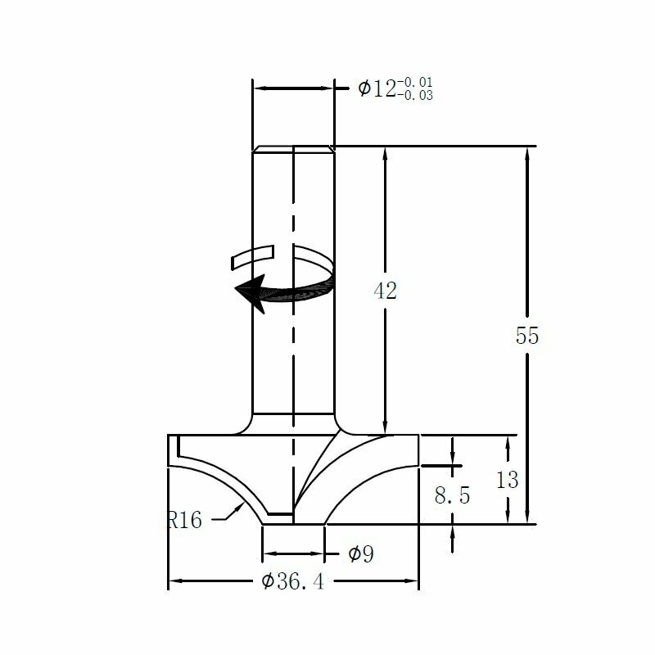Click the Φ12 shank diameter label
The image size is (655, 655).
point(377,88)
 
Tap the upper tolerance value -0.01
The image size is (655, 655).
point(415,82)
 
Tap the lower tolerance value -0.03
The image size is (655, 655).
point(415,96)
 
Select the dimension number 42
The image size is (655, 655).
point(385,291)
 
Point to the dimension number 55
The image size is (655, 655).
point(527,336)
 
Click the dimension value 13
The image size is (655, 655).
point(508,480)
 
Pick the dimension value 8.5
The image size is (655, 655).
point(452,495)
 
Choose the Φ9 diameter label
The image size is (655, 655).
point(360,554)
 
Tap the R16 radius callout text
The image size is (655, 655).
point(184,520)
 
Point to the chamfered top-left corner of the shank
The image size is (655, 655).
point(255,149)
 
